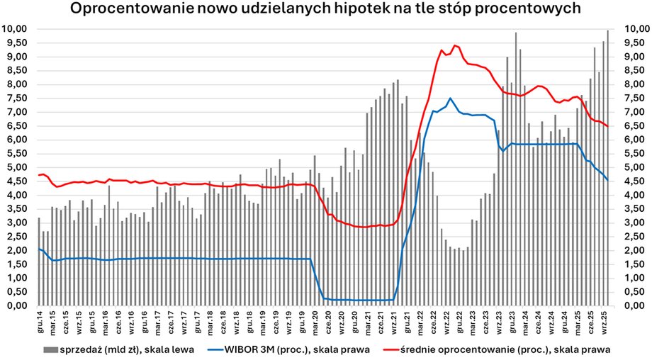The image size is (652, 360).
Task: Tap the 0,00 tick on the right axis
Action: coord(632,306)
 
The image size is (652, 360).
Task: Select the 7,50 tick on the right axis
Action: coord(632,99)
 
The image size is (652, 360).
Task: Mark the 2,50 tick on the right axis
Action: coord(632,237)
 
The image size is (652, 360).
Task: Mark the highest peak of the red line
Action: coord(455,45)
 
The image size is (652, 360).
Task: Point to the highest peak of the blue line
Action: coord(450,99)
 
